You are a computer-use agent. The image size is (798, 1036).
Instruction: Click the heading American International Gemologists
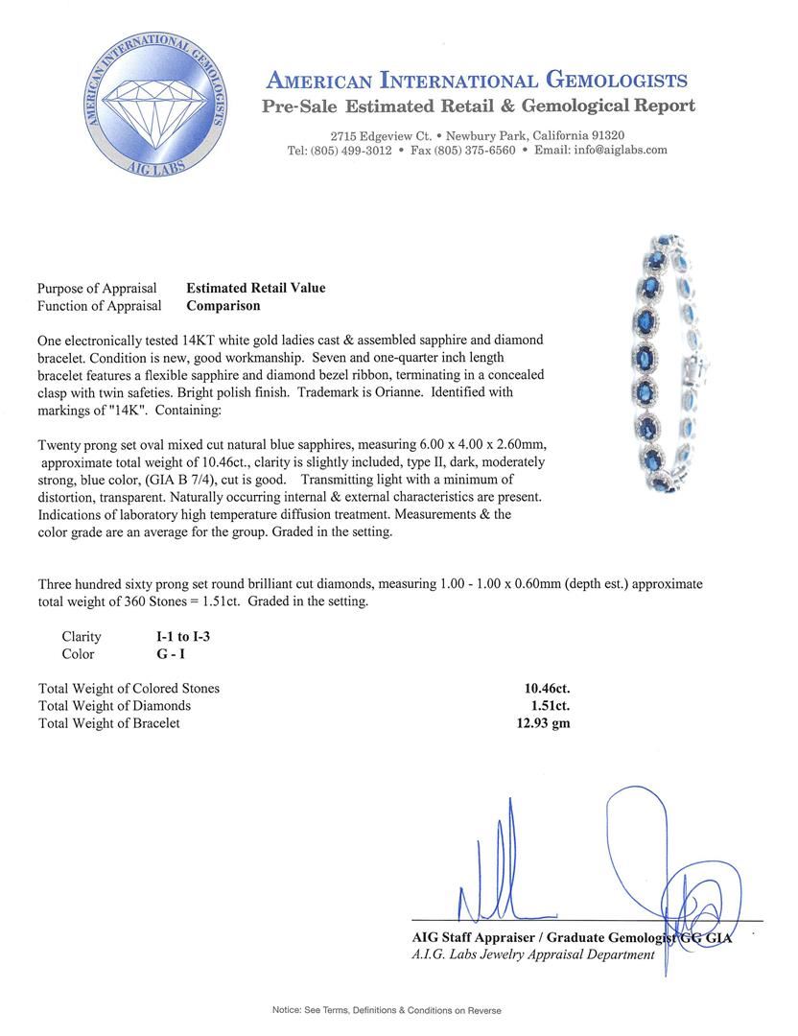[476, 81]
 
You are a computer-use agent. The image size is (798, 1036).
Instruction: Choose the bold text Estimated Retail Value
[255, 288]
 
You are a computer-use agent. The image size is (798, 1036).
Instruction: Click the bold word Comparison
[223, 306]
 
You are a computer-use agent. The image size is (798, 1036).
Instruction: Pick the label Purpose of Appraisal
[97, 288]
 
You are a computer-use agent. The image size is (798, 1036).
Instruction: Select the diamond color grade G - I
[173, 654]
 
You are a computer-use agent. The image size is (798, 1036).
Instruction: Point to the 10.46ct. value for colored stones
[543, 688]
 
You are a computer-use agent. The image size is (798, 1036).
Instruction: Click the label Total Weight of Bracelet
[108, 722]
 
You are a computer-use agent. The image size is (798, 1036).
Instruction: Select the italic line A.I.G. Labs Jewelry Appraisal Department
[533, 954]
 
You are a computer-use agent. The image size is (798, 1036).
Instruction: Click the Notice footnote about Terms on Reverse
[387, 1010]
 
